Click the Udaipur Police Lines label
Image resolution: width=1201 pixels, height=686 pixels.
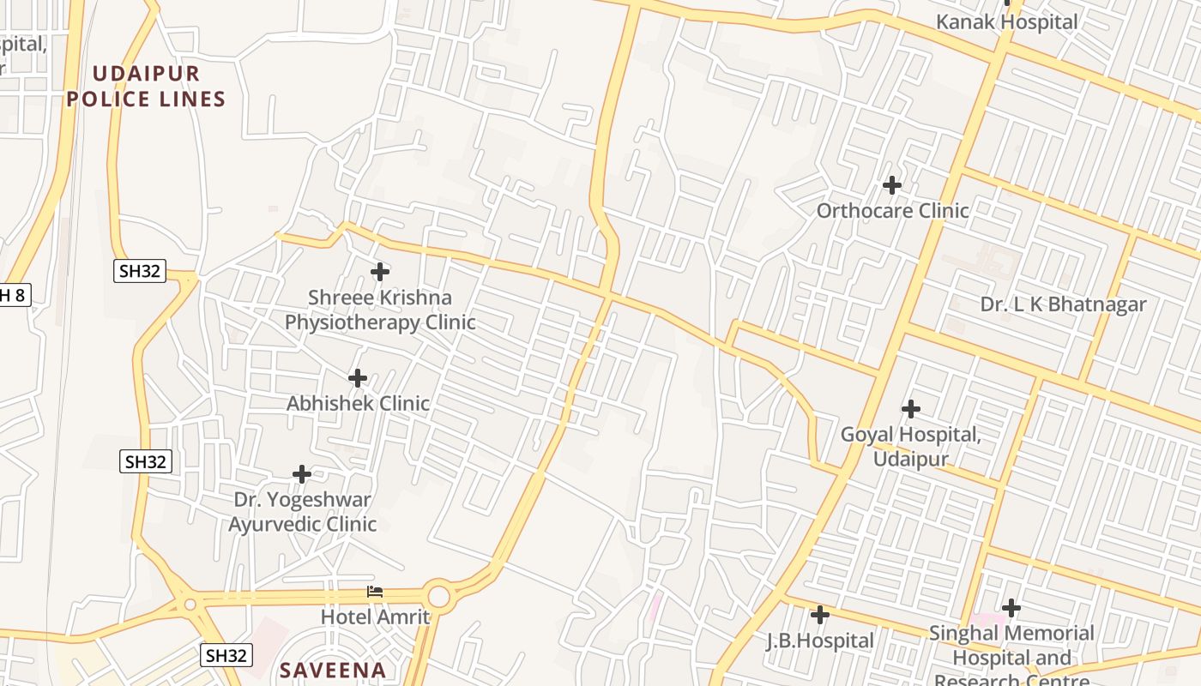tap(146, 87)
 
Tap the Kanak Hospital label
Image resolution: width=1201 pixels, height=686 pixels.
tap(1006, 22)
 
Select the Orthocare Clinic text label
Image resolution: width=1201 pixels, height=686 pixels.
tap(892, 211)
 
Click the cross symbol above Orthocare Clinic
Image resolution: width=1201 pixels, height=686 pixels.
tap(892, 184)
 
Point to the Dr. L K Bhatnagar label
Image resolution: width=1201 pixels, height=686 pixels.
tap(1063, 304)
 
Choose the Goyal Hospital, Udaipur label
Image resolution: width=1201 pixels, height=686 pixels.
tap(910, 447)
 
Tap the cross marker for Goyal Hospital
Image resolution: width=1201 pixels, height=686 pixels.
tap(911, 409)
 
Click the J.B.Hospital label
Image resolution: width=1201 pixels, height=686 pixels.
tap(819, 641)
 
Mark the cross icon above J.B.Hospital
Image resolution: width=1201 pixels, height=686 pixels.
tap(820, 615)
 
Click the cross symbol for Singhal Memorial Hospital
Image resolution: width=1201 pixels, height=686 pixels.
tap(1011, 608)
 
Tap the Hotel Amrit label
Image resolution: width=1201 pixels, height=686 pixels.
tap(375, 617)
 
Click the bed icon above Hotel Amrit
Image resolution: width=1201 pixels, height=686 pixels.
tap(375, 592)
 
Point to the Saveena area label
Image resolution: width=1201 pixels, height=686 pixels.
tap(333, 670)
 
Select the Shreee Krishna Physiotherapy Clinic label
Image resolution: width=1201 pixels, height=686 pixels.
tap(379, 310)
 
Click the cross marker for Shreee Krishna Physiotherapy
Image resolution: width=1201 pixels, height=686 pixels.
tap(380, 272)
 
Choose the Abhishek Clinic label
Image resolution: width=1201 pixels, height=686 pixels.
tap(358, 403)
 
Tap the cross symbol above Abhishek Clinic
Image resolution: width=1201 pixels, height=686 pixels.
tap(358, 377)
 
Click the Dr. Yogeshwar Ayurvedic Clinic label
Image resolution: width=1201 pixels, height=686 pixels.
tap(302, 512)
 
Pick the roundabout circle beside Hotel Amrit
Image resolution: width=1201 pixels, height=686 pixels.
tap(438, 595)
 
